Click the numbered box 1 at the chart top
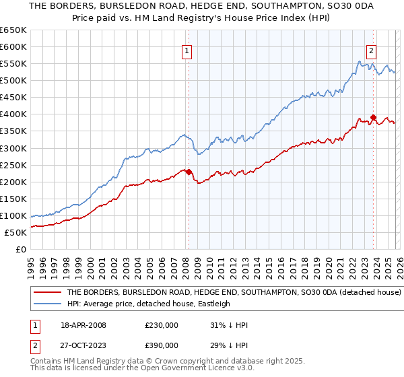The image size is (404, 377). coord(186,49)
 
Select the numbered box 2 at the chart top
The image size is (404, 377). coord(371,49)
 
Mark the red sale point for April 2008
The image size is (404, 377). coord(189,171)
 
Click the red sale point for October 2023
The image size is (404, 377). coord(373,117)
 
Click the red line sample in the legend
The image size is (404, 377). coord(47,293)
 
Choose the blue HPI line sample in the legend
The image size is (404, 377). coord(47,304)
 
